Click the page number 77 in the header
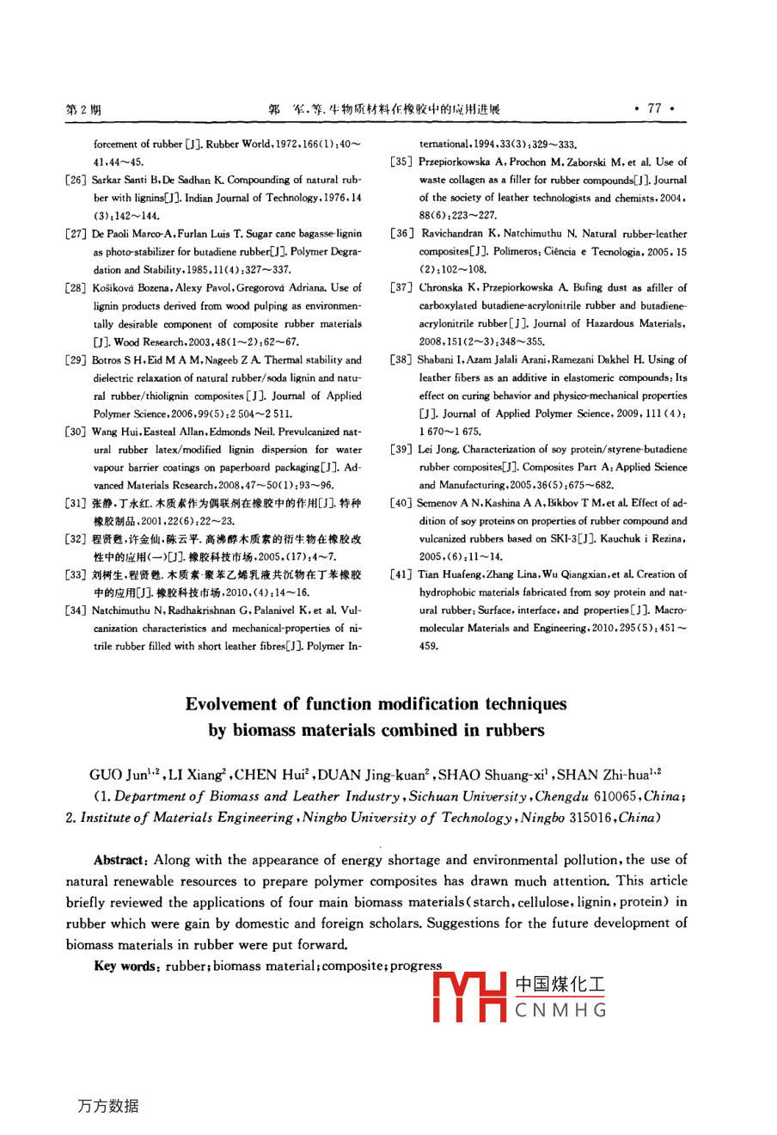coord(655,108)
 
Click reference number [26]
coord(77,180)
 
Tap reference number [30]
coord(77,432)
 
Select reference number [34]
coord(77,611)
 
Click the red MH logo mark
coord(471,997)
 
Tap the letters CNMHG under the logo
coord(562,1010)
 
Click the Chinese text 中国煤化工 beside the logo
coord(560,985)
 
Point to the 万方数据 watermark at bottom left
coord(107,1106)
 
